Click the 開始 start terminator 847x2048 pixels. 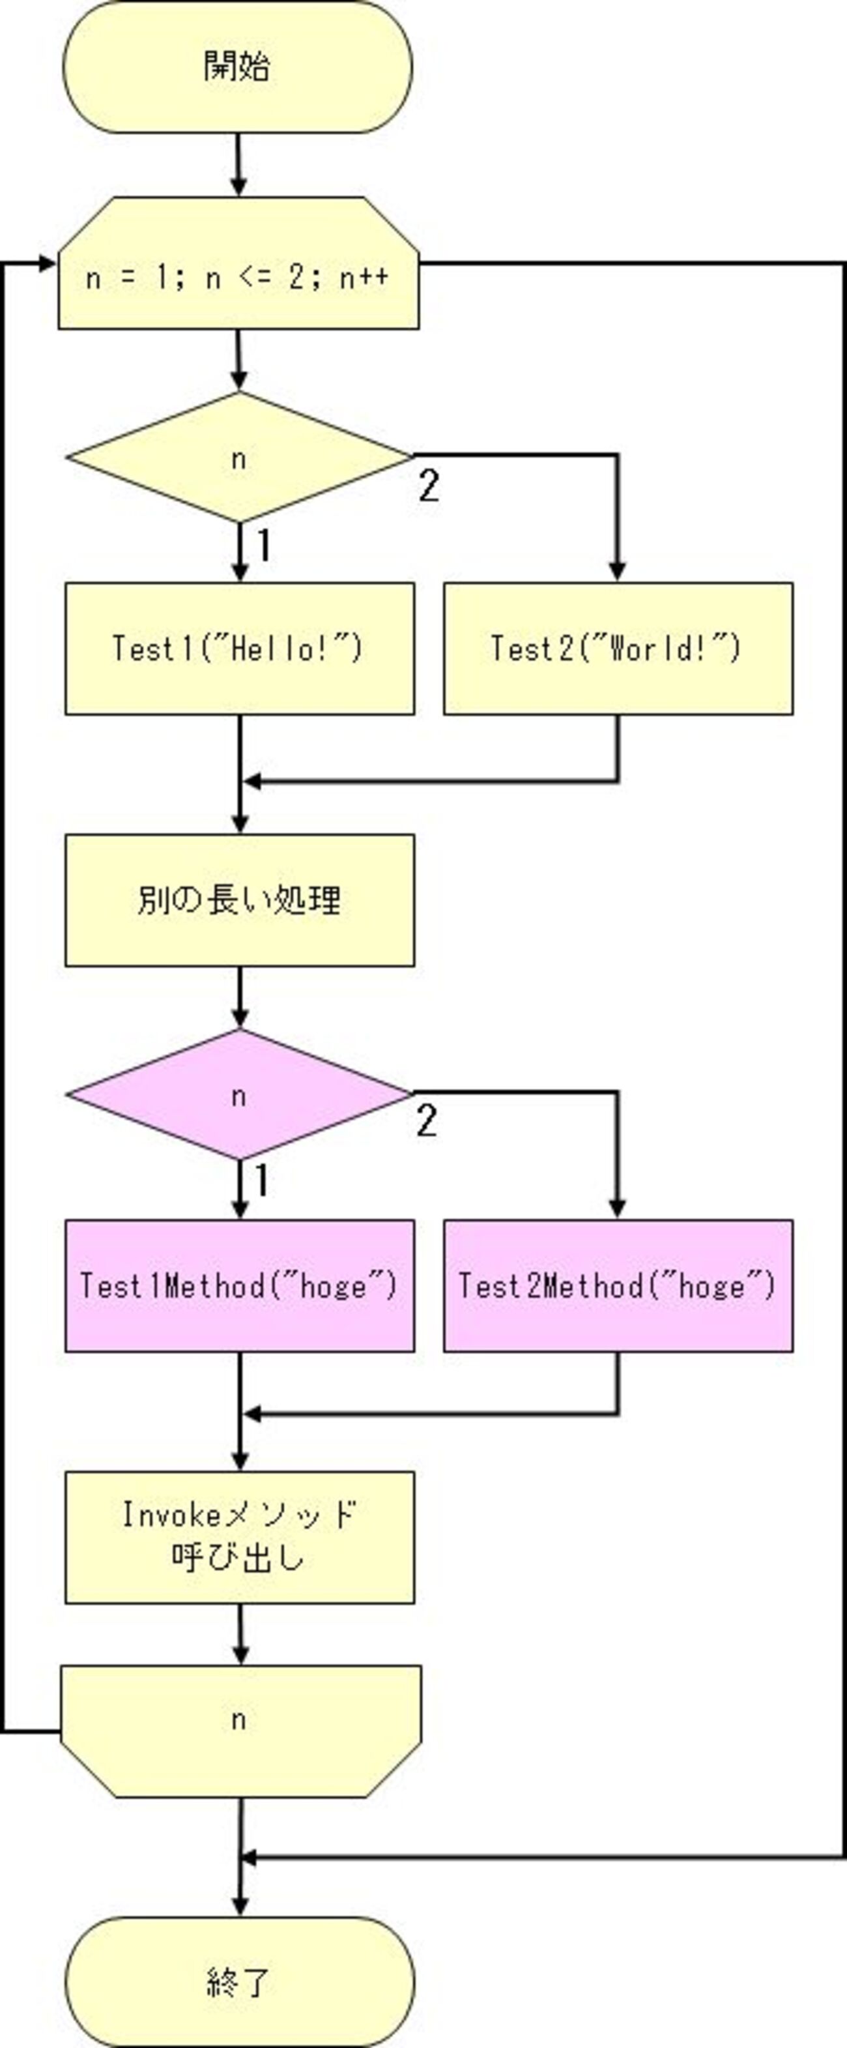[x=238, y=66]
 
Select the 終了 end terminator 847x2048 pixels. [x=239, y=1982]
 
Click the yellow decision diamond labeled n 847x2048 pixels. [x=238, y=458]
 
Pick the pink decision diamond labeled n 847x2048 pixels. [x=238, y=1095]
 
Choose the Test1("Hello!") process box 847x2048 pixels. [x=239, y=649]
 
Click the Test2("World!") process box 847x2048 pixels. [x=618, y=649]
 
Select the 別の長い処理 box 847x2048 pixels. [x=239, y=900]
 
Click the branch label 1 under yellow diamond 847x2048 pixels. [x=264, y=546]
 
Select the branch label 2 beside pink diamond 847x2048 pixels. [x=427, y=1121]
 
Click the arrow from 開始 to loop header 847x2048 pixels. [x=238, y=164]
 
